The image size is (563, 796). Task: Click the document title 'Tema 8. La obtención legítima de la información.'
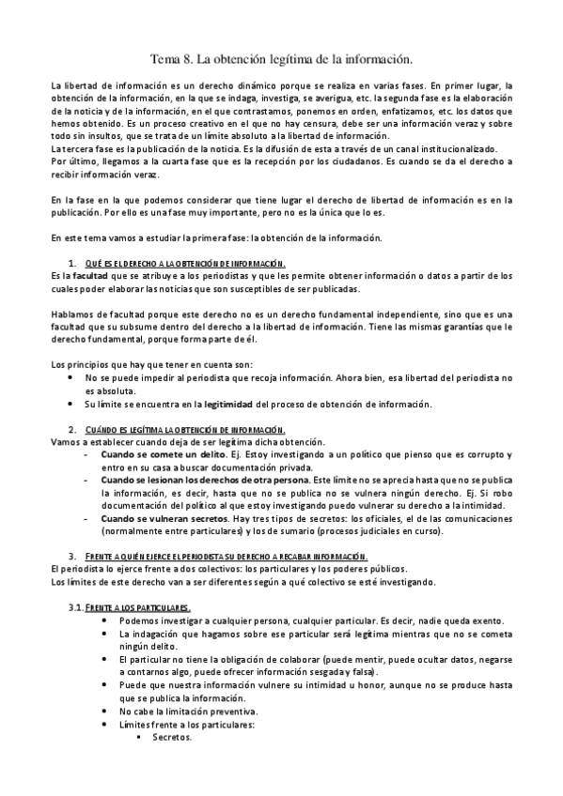click(x=282, y=58)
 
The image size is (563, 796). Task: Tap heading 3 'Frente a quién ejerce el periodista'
click(x=226, y=555)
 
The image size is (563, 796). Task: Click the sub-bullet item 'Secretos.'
click(x=172, y=737)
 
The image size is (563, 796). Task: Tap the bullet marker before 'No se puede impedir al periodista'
click(x=73, y=377)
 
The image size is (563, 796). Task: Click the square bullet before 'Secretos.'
click(x=139, y=737)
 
